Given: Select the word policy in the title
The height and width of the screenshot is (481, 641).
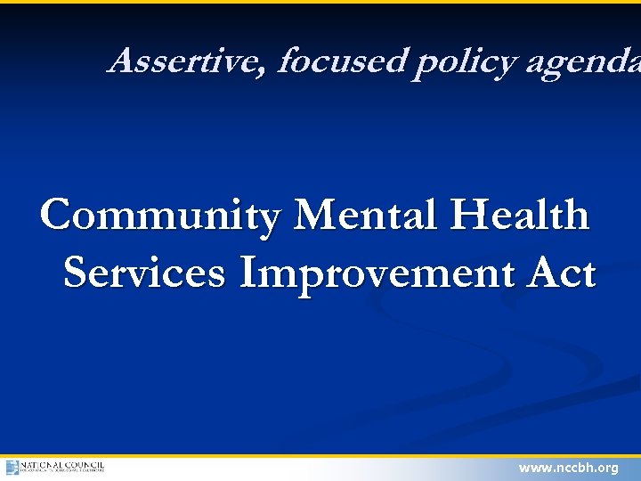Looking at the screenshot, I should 464,63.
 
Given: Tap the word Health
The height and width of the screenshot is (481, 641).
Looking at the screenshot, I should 520,216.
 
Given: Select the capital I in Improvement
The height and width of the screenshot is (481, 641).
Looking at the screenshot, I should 248,273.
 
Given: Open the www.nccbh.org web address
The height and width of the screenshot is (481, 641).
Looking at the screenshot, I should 568,468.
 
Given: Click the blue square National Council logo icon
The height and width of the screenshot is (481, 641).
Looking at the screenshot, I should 12,468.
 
